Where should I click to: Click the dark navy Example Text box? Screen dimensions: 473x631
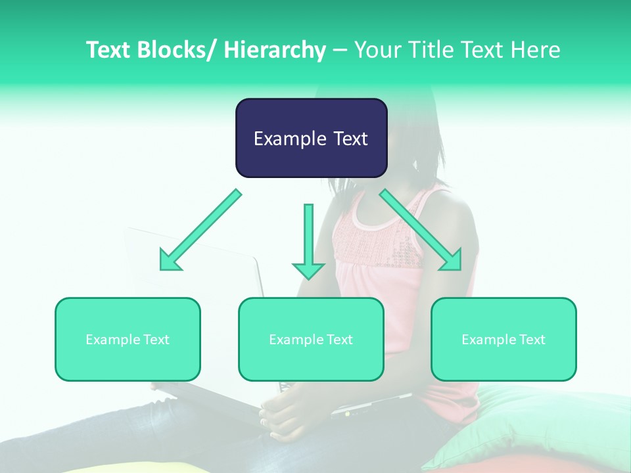tap(311, 138)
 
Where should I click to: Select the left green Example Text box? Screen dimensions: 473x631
tap(128, 339)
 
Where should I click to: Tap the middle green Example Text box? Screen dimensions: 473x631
tap(311, 339)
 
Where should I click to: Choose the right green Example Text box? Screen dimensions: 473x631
tap(503, 339)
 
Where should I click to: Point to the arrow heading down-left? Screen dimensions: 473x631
tap(200, 230)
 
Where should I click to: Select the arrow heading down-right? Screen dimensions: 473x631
tap(421, 230)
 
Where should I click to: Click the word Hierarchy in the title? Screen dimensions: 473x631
tap(275, 50)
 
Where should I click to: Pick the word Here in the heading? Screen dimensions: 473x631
tap(537, 50)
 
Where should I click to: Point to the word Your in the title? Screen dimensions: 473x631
tap(376, 50)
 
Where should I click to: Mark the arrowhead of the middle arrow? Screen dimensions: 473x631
tap(308, 269)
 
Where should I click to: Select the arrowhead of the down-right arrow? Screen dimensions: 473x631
tap(452, 259)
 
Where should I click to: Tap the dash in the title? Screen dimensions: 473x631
tap(340, 50)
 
